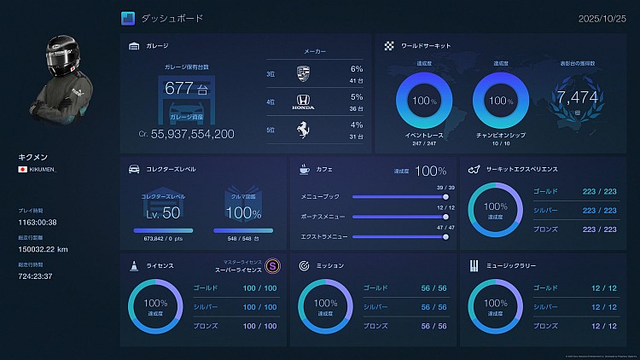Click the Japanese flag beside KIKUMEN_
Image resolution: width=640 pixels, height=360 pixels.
tap(22, 170)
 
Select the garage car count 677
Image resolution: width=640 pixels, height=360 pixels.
tap(179, 88)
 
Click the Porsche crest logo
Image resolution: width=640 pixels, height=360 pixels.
tap(304, 74)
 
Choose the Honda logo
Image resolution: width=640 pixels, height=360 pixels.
tap(304, 103)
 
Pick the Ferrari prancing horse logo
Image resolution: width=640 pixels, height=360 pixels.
tap(304, 131)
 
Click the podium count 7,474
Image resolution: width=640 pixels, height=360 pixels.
tap(578, 97)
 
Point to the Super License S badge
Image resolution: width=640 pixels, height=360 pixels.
tap(272, 265)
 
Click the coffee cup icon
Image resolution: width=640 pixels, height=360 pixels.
tap(304, 170)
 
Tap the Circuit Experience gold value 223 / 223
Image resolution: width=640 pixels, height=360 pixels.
tap(598, 192)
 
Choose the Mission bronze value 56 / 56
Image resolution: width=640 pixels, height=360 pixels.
tap(433, 325)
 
